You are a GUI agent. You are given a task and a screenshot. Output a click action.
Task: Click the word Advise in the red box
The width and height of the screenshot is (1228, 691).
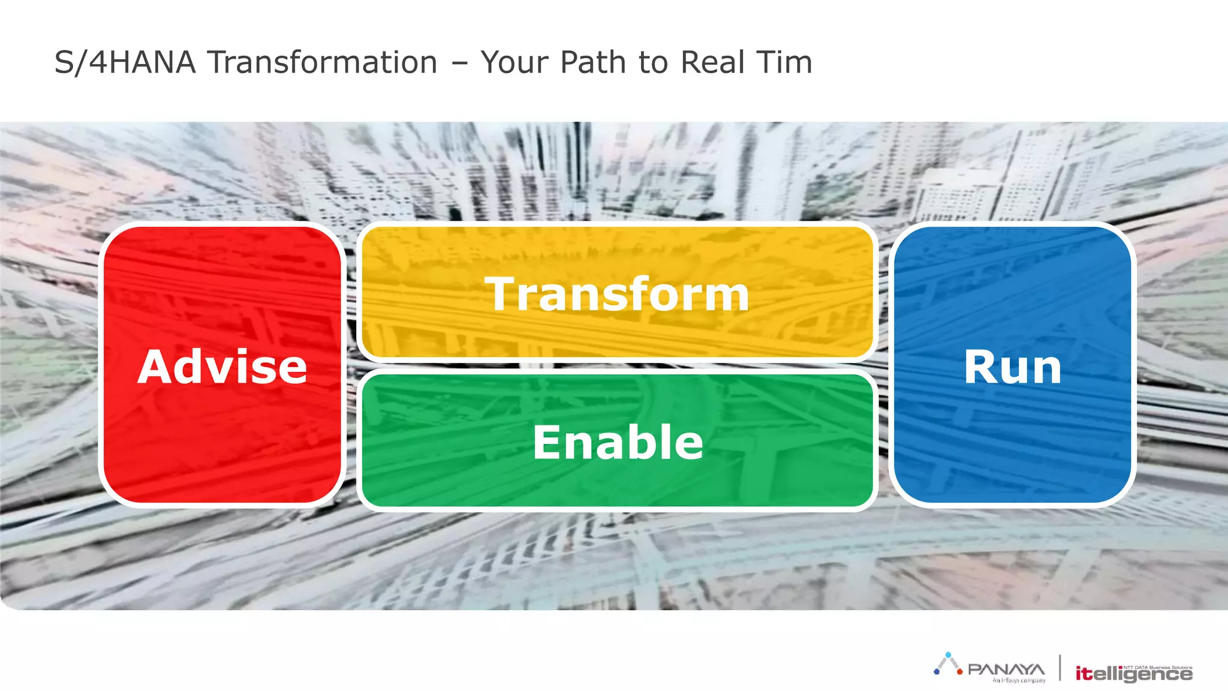point(222,366)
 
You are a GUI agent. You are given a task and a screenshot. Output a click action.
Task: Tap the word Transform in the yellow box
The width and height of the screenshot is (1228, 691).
point(617,294)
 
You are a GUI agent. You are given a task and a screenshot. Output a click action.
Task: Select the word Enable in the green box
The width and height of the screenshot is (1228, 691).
point(618,442)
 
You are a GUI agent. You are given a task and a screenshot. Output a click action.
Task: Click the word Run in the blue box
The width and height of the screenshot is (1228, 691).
point(1013,366)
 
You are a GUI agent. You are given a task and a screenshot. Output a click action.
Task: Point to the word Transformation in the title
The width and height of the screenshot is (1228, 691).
point(323,62)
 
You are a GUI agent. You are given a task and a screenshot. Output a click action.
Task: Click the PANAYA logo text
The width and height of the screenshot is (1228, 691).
point(1006,669)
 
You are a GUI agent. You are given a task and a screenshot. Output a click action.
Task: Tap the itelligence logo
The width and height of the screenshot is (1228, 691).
point(1133,674)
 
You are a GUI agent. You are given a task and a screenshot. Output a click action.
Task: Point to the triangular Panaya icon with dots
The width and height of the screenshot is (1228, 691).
point(948,665)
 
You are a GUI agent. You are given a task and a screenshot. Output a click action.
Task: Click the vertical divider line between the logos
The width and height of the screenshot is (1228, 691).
point(1060,668)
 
